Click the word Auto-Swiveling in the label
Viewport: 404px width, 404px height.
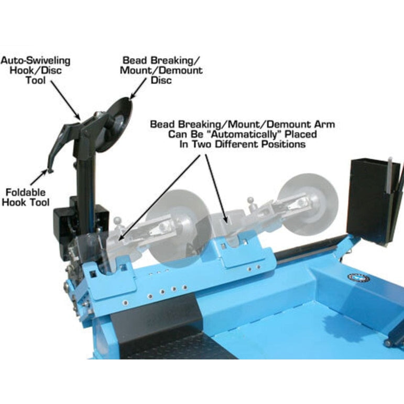coord(36,61)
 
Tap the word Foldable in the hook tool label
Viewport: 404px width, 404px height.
coord(26,192)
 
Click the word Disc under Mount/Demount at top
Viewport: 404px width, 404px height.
coord(161,80)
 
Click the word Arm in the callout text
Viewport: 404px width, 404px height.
coord(323,125)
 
